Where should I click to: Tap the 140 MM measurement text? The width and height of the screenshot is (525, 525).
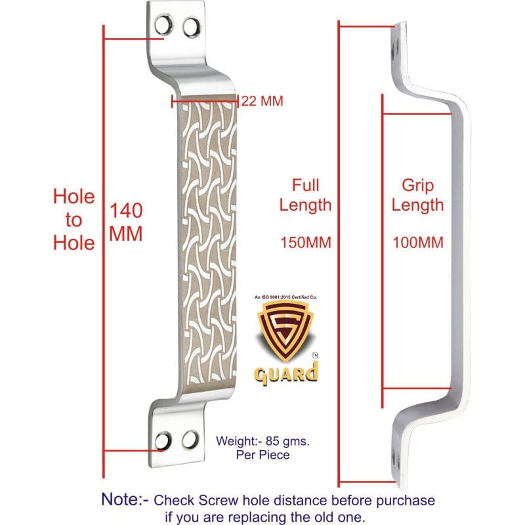pos(127,222)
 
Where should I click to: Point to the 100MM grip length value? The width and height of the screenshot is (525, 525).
pos(418,243)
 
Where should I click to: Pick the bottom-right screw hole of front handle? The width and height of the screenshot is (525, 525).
pos(190,438)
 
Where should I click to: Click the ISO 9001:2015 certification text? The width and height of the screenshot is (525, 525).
pos(285,298)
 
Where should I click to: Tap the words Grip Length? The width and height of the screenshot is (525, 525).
pos(418,195)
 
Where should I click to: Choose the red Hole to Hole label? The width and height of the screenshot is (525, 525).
pos(73,219)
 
